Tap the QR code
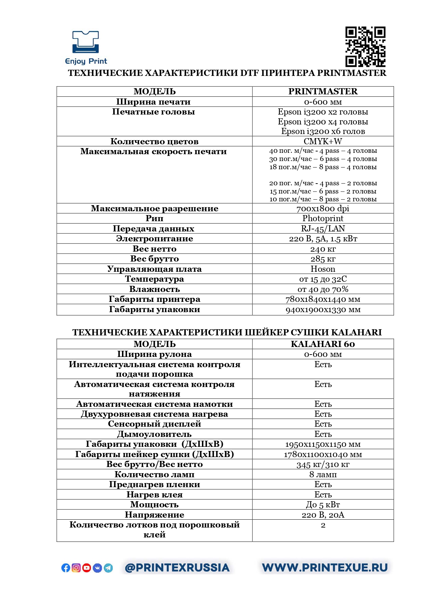point(365,46)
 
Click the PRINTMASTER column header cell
point(323,92)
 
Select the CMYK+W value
point(323,142)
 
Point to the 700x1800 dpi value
point(323,209)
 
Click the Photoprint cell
point(323,218)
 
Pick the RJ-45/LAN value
point(323,229)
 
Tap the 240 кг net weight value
point(323,249)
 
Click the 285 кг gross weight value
point(323,259)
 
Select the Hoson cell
point(323,269)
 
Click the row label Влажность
point(154,289)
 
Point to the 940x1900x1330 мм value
point(323,310)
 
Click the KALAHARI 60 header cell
point(323,344)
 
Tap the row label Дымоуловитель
point(154,434)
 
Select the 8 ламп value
point(323,475)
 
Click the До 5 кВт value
point(323,505)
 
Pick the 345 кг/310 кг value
point(323,465)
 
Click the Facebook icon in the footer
point(66,568)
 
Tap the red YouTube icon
point(87,568)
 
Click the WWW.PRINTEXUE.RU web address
point(325,568)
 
